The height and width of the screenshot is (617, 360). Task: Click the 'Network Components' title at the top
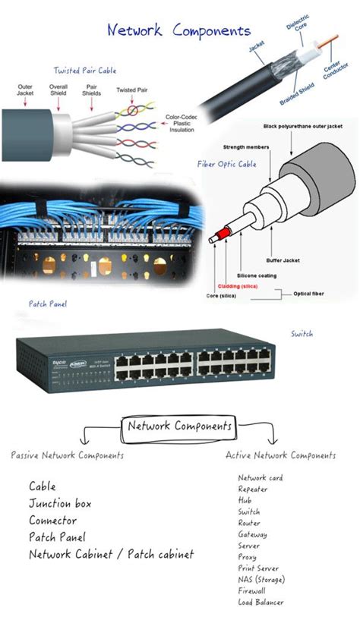click(178, 31)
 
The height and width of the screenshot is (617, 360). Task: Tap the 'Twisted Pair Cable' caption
click(84, 71)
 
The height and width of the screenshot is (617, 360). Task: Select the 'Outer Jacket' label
click(25, 92)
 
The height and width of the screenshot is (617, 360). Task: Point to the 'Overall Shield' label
click(58, 92)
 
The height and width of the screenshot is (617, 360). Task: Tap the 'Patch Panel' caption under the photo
click(48, 304)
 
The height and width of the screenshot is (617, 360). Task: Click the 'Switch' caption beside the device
click(302, 333)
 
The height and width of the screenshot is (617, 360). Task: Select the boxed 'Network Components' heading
click(179, 426)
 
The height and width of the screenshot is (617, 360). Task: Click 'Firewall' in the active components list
click(251, 590)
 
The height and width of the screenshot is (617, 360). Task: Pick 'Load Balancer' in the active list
click(261, 602)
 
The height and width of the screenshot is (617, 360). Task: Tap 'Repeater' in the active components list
click(253, 490)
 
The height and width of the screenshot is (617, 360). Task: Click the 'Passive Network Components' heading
click(68, 455)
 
